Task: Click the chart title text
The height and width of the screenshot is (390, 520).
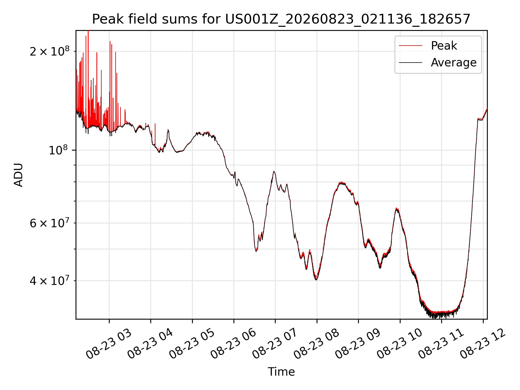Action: (281, 19)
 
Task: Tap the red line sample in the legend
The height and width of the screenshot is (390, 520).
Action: (411, 45)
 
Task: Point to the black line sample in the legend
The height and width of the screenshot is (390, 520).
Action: (411, 63)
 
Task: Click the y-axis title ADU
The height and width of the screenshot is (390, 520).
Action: (18, 175)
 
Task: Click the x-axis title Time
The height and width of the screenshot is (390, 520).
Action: (281, 372)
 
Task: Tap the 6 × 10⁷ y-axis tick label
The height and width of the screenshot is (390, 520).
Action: (50, 223)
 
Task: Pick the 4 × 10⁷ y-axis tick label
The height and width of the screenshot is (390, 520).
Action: (50, 281)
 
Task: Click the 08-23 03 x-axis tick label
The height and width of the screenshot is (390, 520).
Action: (109, 344)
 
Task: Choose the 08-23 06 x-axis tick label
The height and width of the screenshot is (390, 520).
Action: (233, 344)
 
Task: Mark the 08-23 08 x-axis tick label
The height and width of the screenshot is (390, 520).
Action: (316, 344)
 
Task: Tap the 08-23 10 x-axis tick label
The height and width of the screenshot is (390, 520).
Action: (399, 344)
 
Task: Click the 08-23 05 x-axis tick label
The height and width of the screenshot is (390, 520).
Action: (192, 344)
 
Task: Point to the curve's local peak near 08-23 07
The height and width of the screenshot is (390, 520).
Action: (274, 171)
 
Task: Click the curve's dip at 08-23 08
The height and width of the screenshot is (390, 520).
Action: (316, 279)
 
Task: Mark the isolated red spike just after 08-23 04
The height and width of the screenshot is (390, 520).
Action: (155, 134)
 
